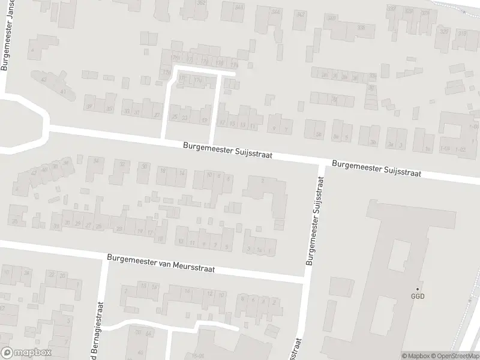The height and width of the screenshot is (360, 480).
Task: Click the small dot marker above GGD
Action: click(418, 289)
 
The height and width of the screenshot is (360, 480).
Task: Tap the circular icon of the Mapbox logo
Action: click(7, 353)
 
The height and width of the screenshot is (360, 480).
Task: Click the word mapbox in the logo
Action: click(33, 353)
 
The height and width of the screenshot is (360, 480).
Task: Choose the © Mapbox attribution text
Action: click(416, 356)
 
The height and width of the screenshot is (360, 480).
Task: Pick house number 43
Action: click(43, 79)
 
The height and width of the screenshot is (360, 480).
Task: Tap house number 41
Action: click(62, 91)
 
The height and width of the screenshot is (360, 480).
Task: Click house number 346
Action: click(276, 11)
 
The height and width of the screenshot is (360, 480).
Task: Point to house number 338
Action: click(361, 28)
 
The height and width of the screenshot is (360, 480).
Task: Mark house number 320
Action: click(444, 31)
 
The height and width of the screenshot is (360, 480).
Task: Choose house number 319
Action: click(462, 34)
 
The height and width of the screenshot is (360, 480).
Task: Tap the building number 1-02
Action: click(461, 149)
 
